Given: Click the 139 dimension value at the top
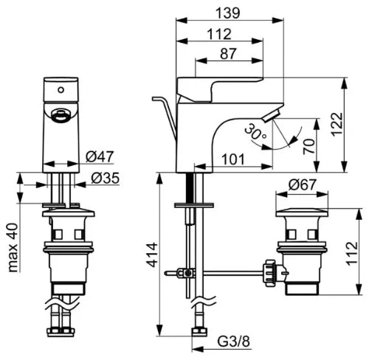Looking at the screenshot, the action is pos(227,13).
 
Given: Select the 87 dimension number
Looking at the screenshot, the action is pos(228,54).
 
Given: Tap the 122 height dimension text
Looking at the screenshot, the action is pos(337,124).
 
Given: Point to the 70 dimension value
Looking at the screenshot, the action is pos(309,147).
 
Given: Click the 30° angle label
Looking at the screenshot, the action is pos(256,132).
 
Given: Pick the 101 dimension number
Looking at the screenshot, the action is pos(233,159).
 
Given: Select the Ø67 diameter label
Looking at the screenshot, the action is pos(302,184).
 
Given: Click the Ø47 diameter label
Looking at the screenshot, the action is pos(100,156).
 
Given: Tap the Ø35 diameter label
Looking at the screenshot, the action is pos(105,178).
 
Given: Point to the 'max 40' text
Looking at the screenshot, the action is pos(13,248).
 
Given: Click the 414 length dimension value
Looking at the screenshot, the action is pos(152,255).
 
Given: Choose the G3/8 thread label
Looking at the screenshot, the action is pos(233,342).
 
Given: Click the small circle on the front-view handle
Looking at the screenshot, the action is pos(61,90).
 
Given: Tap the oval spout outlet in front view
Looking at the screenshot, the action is pos(61,115).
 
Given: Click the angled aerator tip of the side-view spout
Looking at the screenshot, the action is pos(272,116).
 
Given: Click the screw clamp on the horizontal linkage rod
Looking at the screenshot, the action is pos(185,273).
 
